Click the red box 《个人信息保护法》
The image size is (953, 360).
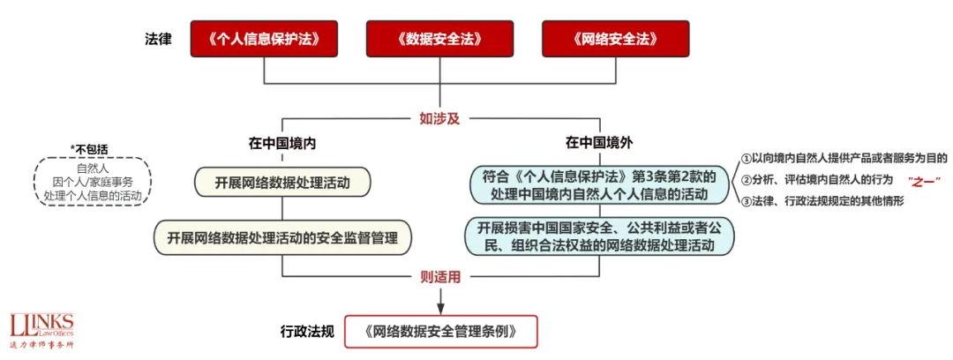264,40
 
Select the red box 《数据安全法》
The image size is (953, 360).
439,40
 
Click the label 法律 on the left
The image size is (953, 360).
159,40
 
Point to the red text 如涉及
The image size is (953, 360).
439,118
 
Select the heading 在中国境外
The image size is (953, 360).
599,142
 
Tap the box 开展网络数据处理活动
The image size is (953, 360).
281,183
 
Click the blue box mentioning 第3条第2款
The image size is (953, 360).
600,183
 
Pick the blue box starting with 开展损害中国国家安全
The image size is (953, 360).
600,236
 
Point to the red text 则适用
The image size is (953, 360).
439,277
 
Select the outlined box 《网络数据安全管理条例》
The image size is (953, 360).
439,332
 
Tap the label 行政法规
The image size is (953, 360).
306,332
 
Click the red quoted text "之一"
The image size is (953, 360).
924,180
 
